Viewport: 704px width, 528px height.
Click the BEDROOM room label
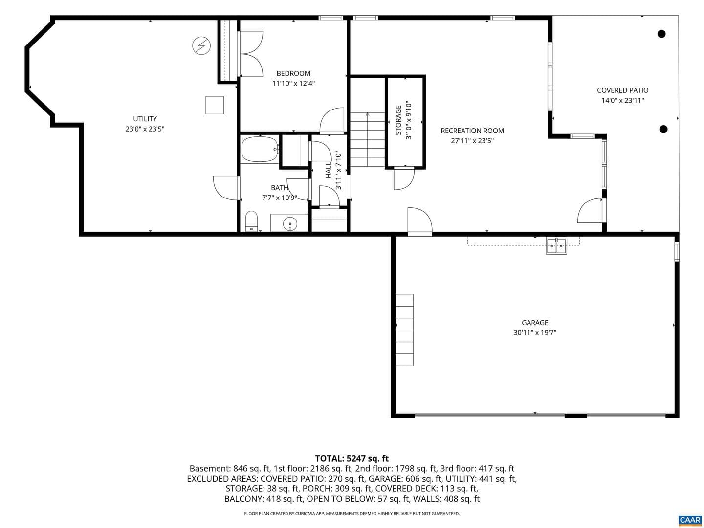(x=293, y=73)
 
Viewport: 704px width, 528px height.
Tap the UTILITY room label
(x=145, y=119)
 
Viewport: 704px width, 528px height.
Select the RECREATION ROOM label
(x=472, y=131)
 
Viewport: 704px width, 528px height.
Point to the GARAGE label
(x=535, y=323)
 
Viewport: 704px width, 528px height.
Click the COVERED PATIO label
(x=622, y=90)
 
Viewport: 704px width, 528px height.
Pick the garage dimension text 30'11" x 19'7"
(x=535, y=333)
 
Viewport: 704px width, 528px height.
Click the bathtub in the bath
(x=260, y=149)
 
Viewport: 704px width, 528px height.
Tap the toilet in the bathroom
(x=251, y=220)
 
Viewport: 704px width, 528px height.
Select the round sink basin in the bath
(x=290, y=222)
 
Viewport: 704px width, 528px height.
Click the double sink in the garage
(x=556, y=246)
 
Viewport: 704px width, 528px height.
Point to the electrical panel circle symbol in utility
(x=201, y=46)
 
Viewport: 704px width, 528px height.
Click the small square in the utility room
(x=215, y=105)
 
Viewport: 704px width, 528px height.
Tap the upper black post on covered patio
(x=661, y=34)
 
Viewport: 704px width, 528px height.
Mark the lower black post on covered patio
(x=663, y=129)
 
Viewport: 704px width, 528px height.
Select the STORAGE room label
(x=398, y=120)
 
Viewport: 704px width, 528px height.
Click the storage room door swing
(x=404, y=179)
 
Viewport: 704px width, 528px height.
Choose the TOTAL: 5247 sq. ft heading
(x=352, y=458)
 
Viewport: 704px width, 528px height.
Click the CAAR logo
(x=690, y=520)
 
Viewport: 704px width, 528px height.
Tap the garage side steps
(x=404, y=330)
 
